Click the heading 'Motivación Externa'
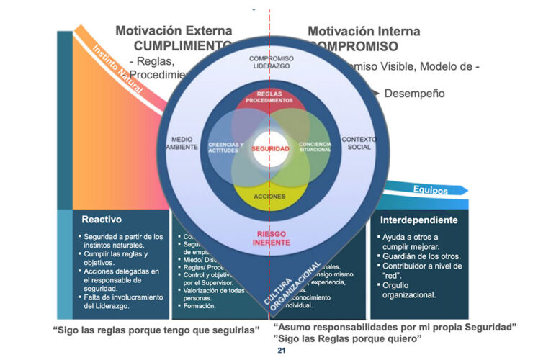pyautogui.click(x=174, y=32)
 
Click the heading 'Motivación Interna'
pyautogui.click(x=364, y=32)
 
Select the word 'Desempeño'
pyautogui.click(x=414, y=94)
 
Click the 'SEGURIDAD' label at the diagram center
pyautogui.click(x=269, y=148)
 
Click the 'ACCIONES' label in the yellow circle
pyautogui.click(x=269, y=196)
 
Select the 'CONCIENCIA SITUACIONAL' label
pyautogui.click(x=315, y=147)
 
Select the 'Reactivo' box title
pyautogui.click(x=102, y=220)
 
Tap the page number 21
pyautogui.click(x=282, y=350)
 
